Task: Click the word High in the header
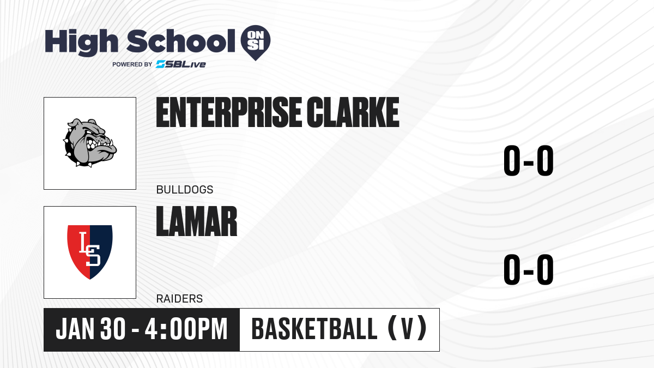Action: [x=81, y=43]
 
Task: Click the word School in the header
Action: [x=181, y=41]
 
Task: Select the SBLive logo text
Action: [x=181, y=64]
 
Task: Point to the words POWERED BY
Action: [x=132, y=64]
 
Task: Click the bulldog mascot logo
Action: [x=90, y=143]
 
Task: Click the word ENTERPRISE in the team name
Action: [x=228, y=112]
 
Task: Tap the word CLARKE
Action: [x=353, y=112]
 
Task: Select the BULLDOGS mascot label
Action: [x=185, y=190]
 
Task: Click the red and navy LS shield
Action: [x=89, y=252]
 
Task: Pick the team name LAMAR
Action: [x=197, y=221]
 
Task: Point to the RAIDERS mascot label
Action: [x=179, y=299]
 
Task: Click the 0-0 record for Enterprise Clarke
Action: [x=529, y=161]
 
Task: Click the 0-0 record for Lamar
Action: [x=529, y=269]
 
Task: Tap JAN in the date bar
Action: [x=75, y=329]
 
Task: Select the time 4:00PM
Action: [x=186, y=329]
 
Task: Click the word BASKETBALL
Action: [x=314, y=329]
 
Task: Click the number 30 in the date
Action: [x=113, y=329]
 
